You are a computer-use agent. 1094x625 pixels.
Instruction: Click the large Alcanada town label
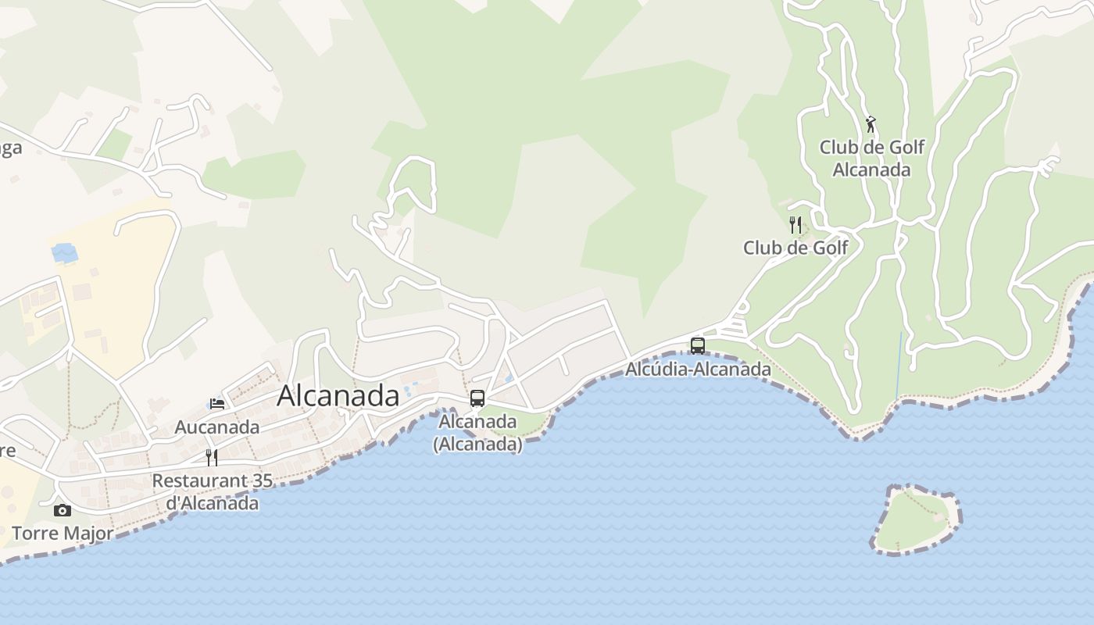click(338, 396)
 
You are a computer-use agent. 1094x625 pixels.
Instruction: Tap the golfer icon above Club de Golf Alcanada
click(871, 124)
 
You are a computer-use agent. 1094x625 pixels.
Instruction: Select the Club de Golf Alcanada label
click(871, 158)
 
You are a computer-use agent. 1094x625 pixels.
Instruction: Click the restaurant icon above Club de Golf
click(795, 225)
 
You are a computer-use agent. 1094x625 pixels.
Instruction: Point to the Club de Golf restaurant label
click(795, 248)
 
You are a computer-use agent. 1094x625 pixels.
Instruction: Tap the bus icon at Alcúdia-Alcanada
click(698, 345)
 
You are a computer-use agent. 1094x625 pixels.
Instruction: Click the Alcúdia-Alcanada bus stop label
click(698, 370)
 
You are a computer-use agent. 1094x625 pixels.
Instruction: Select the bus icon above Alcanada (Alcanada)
click(477, 398)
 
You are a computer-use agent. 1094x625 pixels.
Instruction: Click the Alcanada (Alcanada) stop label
click(477, 433)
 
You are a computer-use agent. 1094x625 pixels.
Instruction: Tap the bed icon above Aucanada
click(217, 404)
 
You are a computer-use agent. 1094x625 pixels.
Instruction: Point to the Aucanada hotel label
click(217, 427)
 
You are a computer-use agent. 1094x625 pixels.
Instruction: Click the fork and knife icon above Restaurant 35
click(211, 457)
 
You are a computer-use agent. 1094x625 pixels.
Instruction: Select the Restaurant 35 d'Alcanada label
click(213, 491)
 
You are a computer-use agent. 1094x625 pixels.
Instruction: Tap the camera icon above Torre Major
click(63, 511)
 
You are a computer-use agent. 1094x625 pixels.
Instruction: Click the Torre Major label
click(63, 534)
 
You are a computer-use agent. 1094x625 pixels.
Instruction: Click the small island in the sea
click(914, 520)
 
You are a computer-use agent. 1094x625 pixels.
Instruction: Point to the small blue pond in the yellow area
click(64, 252)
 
